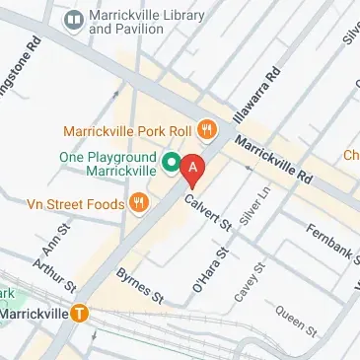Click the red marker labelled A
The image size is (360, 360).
[193, 169]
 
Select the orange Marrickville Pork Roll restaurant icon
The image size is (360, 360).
[206, 128]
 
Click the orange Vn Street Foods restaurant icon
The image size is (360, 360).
[139, 203]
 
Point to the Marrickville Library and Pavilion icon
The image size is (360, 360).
[73, 20]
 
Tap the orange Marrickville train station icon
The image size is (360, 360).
[80, 314]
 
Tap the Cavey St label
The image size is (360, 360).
[249, 282]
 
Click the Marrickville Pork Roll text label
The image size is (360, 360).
[128, 129]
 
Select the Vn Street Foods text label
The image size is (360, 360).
[75, 204]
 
